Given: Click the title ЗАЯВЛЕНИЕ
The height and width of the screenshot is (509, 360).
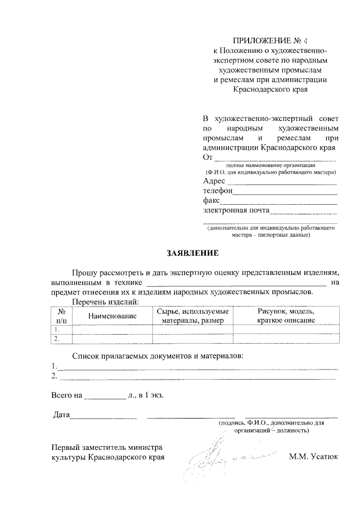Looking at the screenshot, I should pos(191,253).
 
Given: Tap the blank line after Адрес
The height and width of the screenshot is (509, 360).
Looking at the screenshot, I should pos(281,183).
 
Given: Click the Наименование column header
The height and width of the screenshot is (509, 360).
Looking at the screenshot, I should pos(112,316).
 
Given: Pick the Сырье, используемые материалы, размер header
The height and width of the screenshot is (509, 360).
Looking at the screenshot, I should pos(193,316).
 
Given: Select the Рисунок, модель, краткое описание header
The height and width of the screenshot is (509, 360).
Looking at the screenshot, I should pos(286,316).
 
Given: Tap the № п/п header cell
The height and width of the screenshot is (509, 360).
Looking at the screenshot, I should pos(61,316).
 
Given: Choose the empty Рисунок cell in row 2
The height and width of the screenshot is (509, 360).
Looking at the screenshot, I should pos(286,339).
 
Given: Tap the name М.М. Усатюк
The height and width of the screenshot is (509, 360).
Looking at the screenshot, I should pos(314,457).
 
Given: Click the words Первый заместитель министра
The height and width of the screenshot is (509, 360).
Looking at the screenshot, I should pos(106,447).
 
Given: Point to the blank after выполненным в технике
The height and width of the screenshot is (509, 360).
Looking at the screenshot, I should pos(236,283).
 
